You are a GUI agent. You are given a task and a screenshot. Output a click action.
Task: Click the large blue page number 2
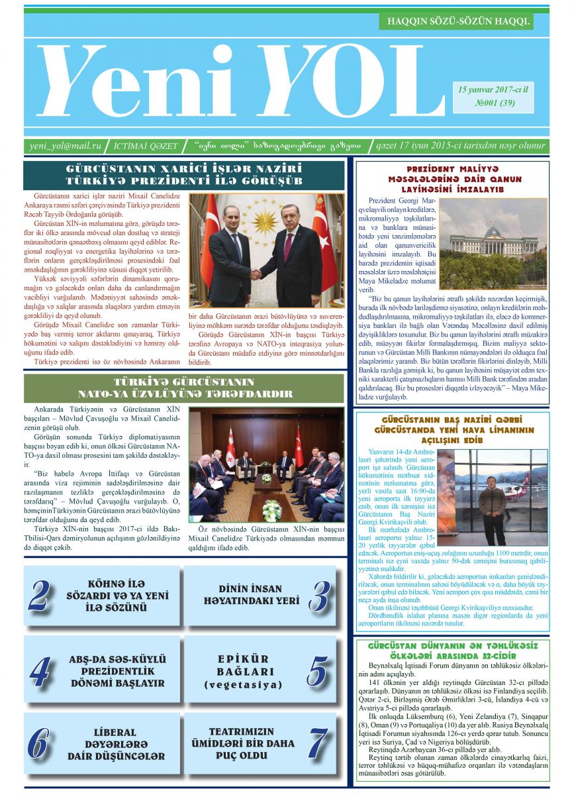(x=40, y=595)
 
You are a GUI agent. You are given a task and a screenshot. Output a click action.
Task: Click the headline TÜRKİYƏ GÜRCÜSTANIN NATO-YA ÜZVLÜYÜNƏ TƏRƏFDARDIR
(x=183, y=388)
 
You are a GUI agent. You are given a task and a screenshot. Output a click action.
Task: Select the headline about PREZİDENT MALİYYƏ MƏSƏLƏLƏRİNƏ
(x=454, y=179)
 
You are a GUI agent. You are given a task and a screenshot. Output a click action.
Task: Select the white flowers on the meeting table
(x=271, y=509)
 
